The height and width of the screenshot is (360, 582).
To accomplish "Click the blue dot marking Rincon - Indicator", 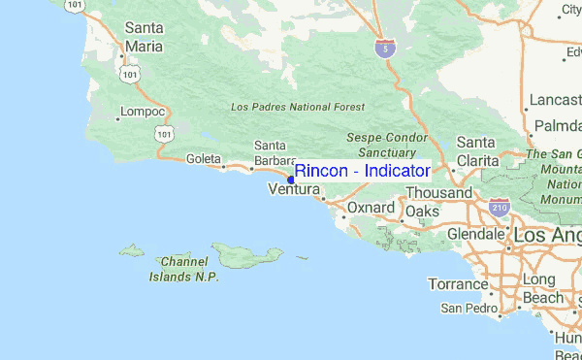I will click(x=292, y=179).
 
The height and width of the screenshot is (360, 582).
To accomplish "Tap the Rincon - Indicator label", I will click(x=362, y=171).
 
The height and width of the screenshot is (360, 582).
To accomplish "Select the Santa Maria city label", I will click(x=145, y=37).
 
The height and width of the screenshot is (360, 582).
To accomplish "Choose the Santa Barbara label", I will click(x=270, y=153).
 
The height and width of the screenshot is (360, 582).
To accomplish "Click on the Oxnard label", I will click(x=371, y=209).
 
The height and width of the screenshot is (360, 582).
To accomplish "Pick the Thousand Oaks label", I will click(x=437, y=202).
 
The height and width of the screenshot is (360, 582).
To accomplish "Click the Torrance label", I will click(x=458, y=284).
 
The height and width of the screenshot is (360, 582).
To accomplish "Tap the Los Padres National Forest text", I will click(x=298, y=106).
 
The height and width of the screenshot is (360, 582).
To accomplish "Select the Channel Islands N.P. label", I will click(x=184, y=269).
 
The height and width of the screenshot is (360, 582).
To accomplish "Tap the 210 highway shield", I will click(x=500, y=207).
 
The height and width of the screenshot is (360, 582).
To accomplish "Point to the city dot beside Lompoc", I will click(x=118, y=119).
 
